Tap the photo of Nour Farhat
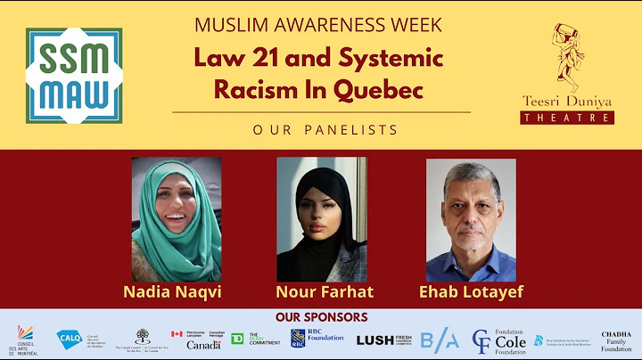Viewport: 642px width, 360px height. coord(321,219)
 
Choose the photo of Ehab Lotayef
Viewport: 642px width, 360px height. coord(471,220)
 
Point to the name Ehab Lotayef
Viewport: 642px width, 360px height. coord(471,291)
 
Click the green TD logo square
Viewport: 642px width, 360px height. coord(238,339)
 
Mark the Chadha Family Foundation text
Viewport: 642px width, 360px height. coord(616,340)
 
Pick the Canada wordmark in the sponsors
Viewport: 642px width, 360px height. coord(203,345)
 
